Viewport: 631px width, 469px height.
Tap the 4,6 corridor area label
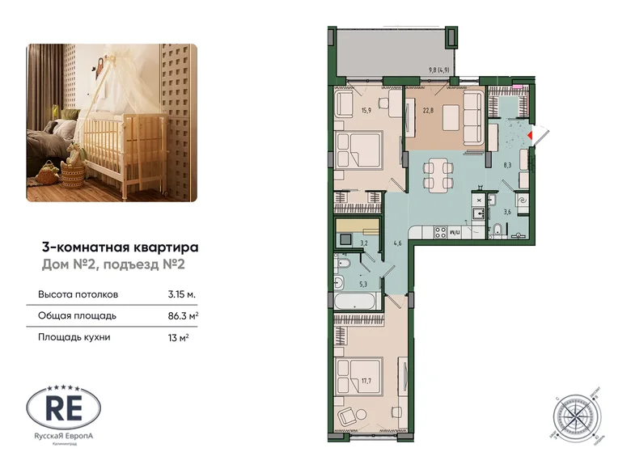tap(397, 242)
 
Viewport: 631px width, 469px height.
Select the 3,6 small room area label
tap(508, 212)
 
